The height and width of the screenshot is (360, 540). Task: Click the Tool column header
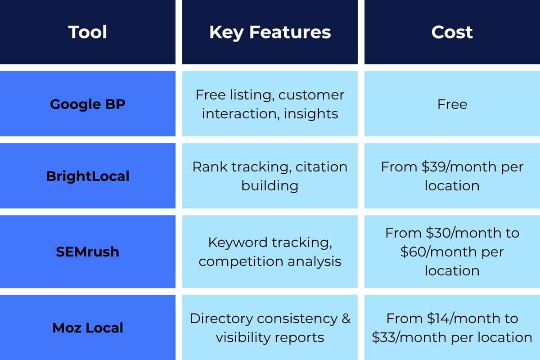pyautogui.click(x=88, y=32)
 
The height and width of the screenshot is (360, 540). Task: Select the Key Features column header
pyautogui.click(x=270, y=32)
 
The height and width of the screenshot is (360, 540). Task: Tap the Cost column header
pyautogui.click(x=452, y=32)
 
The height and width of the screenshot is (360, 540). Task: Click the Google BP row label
pyautogui.click(x=88, y=104)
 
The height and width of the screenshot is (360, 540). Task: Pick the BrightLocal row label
pyautogui.click(x=88, y=175)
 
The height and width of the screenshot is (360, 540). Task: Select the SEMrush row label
pyautogui.click(x=88, y=251)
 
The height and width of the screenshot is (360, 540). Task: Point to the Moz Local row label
pyautogui.click(x=88, y=328)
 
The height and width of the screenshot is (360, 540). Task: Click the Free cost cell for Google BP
pyautogui.click(x=452, y=104)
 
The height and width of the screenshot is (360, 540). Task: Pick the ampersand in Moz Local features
pyautogui.click(x=346, y=319)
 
